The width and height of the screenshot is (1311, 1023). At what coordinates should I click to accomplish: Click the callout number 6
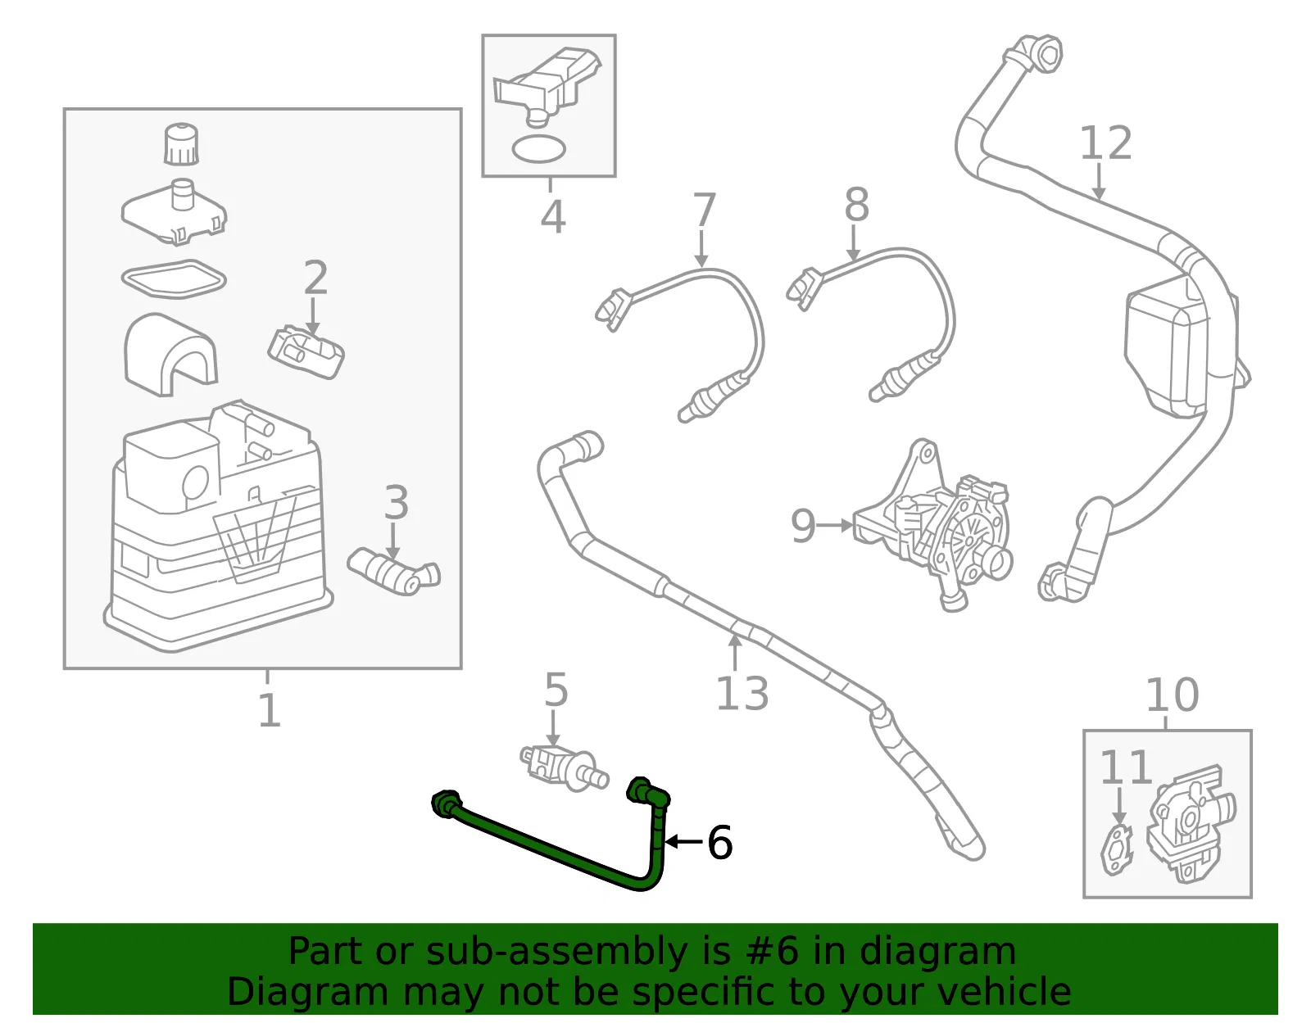pos(719,842)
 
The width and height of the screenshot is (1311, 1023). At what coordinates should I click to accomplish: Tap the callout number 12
pos(1105,143)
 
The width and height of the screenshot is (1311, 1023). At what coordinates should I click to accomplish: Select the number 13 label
pos(742,693)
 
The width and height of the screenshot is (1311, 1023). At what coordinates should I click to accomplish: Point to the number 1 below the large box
pos(269,710)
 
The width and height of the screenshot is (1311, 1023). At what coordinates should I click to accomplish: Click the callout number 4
pos(552,217)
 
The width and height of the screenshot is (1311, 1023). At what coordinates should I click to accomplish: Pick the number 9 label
pos(804,527)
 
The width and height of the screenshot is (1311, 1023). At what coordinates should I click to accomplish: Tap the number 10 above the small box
pos(1172,695)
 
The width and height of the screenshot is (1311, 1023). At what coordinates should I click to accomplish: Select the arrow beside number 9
pos(837,526)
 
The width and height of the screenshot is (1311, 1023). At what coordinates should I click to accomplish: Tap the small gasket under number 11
pos(1116,851)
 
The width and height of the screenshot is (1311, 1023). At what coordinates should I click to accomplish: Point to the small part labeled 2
pos(306,353)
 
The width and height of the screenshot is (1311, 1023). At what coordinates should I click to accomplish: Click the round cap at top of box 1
pos(181,144)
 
